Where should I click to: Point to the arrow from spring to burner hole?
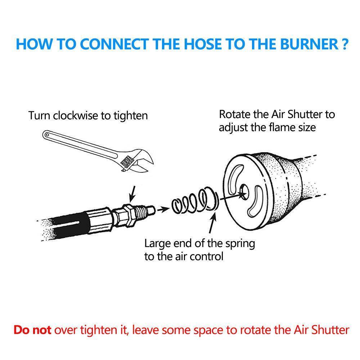[230, 198]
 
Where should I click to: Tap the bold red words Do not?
[32, 330]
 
